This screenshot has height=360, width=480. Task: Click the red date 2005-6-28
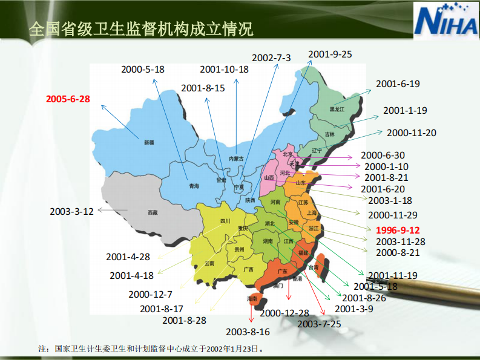(x=68, y=98)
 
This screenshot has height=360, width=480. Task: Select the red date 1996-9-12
(x=397, y=230)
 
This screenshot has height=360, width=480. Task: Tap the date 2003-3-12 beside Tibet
(x=71, y=211)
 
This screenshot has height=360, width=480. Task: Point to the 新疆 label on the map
(x=149, y=143)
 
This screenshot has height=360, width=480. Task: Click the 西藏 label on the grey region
(x=153, y=212)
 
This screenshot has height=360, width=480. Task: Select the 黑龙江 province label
(x=337, y=110)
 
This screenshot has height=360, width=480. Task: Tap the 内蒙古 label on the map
(x=236, y=159)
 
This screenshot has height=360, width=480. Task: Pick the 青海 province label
(x=194, y=186)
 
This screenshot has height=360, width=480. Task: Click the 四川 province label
(x=225, y=221)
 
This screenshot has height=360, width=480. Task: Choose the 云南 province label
(x=209, y=263)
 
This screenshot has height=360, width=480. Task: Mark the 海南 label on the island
(x=252, y=299)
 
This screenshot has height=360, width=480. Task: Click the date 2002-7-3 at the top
(x=271, y=58)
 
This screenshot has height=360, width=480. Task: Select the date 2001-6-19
(x=398, y=84)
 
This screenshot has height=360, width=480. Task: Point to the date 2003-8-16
(x=248, y=332)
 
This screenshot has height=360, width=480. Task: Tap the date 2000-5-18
(x=143, y=69)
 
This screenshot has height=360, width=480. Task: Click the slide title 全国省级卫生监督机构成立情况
(x=141, y=28)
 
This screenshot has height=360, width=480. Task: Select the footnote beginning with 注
(x=151, y=349)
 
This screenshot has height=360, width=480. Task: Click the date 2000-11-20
(x=411, y=133)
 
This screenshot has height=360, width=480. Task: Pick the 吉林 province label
(x=329, y=134)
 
